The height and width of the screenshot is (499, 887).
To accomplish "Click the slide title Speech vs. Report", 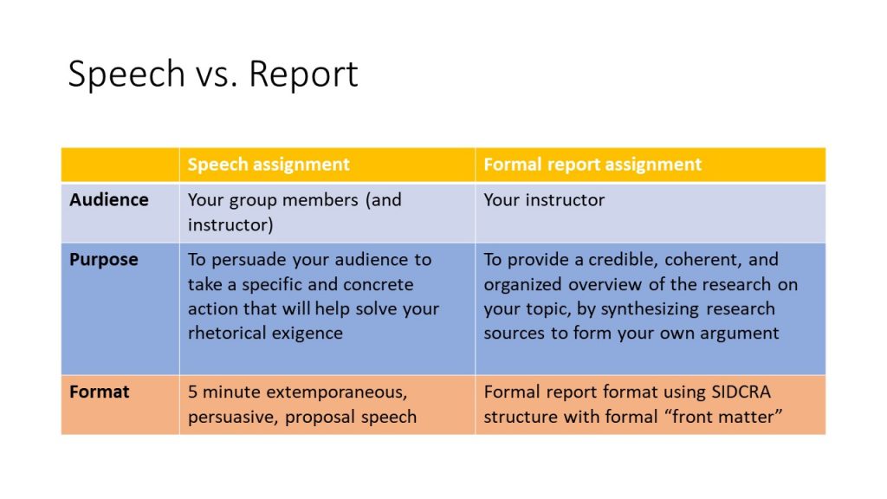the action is coord(213,75).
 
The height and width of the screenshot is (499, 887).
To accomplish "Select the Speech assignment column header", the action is coord(269,165).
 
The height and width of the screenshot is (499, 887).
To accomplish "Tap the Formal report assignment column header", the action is coord(592,165).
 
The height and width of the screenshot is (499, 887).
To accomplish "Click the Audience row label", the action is coord(109,200).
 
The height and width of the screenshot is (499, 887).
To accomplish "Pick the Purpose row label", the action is coord(104,260).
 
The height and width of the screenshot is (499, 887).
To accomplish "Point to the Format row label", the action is coord(100,392).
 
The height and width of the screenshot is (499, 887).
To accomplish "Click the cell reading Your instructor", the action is coord(544,200).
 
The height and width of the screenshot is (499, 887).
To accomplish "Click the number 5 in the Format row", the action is coord(192,392).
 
